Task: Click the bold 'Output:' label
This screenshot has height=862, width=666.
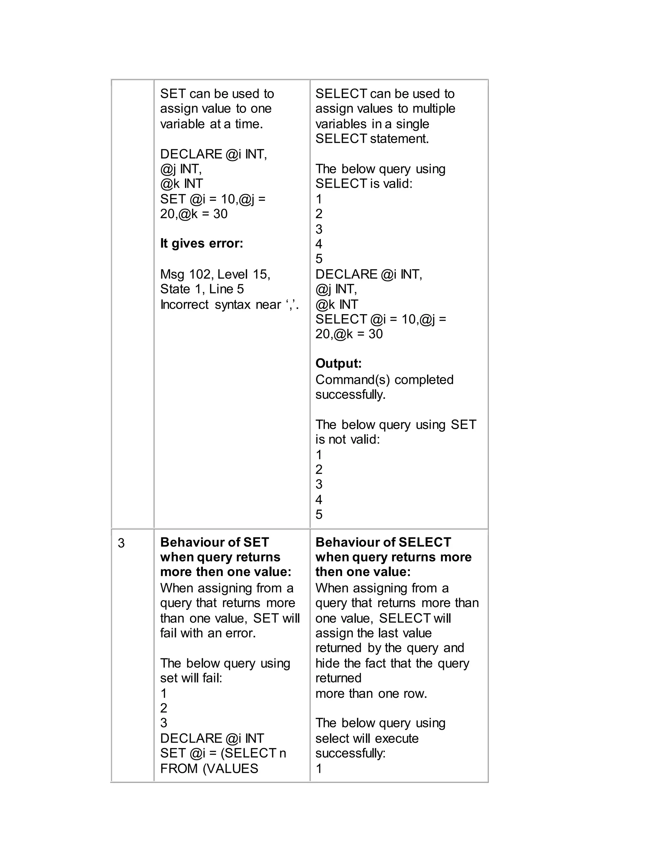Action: [338, 364]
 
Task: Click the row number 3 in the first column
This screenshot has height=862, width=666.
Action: [121, 544]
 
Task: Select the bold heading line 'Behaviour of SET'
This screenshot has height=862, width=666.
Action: [214, 542]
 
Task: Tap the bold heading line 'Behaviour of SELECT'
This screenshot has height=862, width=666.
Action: [383, 542]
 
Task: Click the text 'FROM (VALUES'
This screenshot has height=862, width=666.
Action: [209, 768]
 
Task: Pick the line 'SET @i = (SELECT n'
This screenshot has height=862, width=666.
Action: [223, 753]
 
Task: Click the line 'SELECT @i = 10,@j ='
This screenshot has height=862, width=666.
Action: [380, 319]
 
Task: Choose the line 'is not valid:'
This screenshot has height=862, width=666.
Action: [347, 439]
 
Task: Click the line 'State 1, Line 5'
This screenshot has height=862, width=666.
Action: [202, 289]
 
